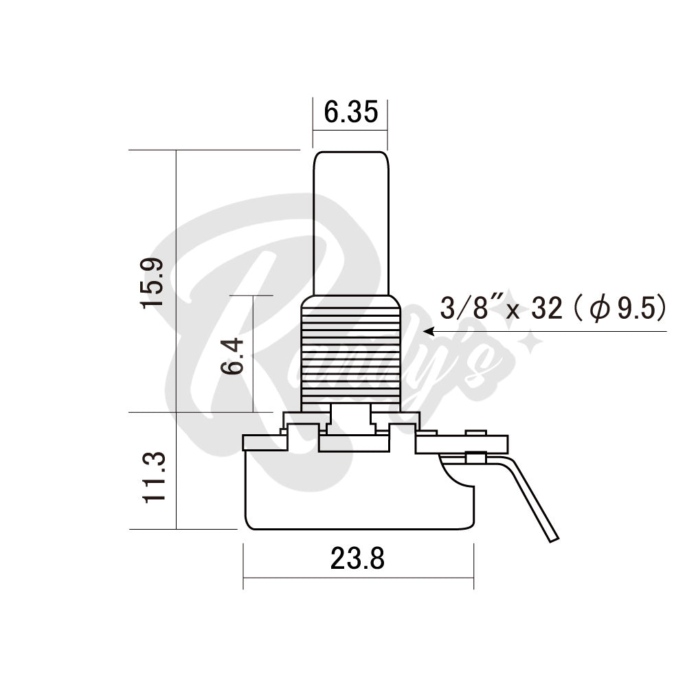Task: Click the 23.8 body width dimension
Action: point(357,560)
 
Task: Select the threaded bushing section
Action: point(350,350)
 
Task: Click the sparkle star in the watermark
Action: point(529,341)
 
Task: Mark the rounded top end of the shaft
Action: point(350,155)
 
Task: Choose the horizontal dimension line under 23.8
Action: point(357,578)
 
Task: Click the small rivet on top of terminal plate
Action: point(475,433)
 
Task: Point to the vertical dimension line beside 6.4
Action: point(254,354)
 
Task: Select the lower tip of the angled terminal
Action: point(553,538)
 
